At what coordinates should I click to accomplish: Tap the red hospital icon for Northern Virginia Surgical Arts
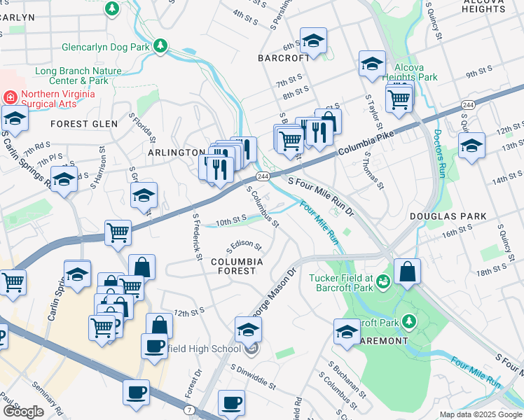pos(10,96)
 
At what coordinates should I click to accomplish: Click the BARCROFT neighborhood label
pos(283,58)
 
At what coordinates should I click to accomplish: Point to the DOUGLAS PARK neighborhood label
pos(438,217)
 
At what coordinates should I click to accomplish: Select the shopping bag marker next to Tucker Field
pos(407,272)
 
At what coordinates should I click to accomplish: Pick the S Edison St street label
pos(243,248)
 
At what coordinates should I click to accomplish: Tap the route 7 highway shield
pos(190,409)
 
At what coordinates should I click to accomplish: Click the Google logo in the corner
pos(23,411)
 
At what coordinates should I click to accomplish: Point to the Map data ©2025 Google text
pos(480,414)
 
